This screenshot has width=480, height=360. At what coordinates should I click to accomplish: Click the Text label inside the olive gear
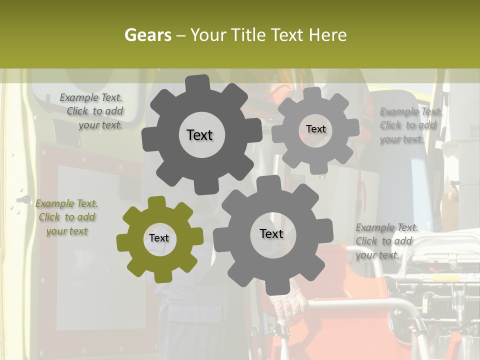click(x=159, y=238)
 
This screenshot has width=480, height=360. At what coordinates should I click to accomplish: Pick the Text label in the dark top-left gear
click(x=199, y=135)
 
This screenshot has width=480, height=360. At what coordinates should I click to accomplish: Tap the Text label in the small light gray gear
click(x=315, y=129)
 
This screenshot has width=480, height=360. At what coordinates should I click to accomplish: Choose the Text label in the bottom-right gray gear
click(x=271, y=233)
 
